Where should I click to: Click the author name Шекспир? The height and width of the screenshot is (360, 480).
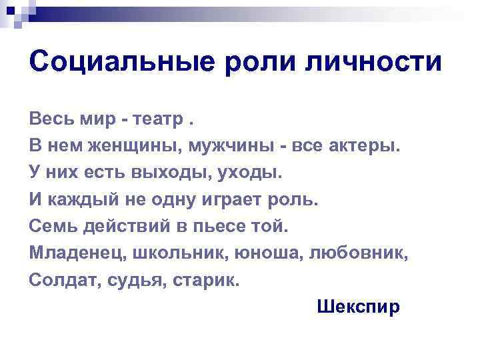point(359,307)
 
